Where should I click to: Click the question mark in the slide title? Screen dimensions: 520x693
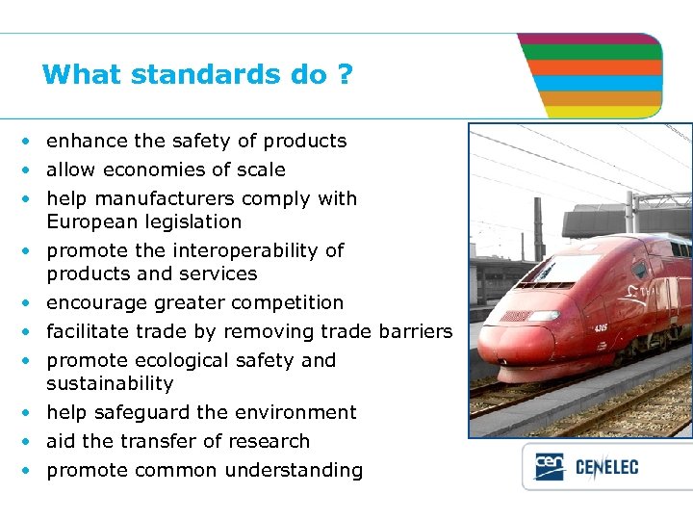click(x=345, y=74)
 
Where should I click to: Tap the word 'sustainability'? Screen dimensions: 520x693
click(x=110, y=383)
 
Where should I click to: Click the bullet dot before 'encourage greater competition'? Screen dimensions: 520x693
click(x=30, y=303)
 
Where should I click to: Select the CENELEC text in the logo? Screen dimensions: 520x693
click(x=606, y=469)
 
